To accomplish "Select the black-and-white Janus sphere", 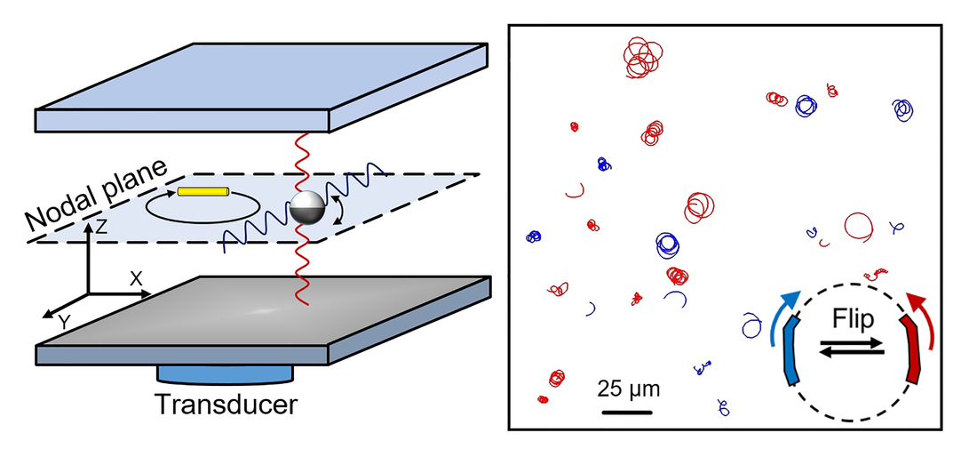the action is tap(307, 208).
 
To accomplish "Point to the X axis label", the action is tap(136, 278).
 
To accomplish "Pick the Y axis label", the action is tap(63, 321).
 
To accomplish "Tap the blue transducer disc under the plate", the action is tap(225, 374).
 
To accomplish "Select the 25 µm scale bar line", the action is tap(627, 413).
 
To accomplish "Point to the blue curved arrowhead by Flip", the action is tap(788, 298).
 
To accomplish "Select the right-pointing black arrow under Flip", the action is tap(852, 342).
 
